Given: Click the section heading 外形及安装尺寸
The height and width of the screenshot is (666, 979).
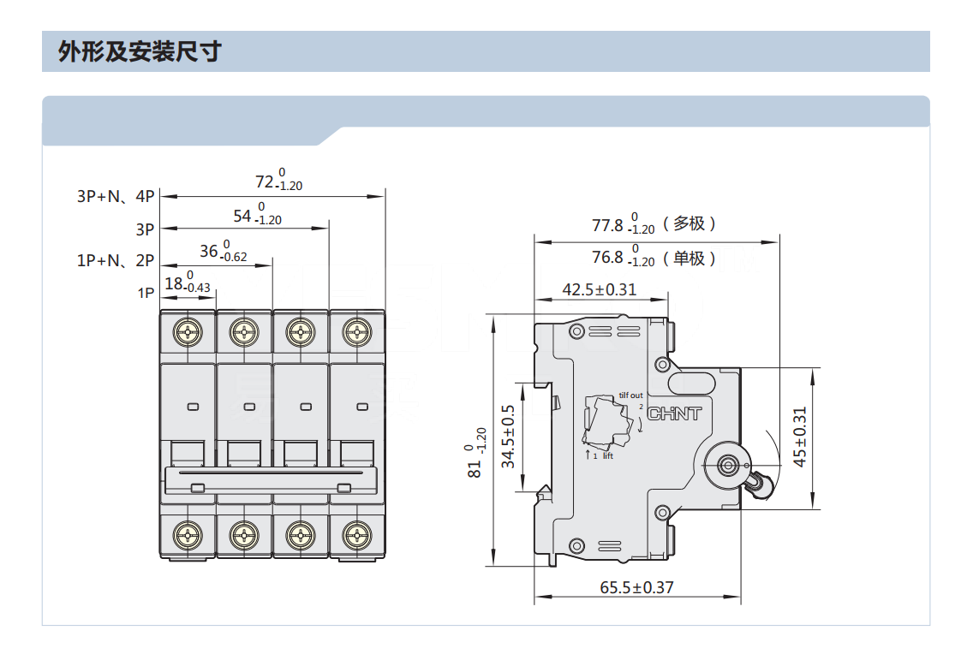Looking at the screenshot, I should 140,51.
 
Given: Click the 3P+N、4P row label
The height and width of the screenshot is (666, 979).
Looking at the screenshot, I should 116,196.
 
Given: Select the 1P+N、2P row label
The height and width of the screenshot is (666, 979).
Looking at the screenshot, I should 116,261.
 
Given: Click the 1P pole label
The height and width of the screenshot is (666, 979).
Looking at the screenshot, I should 146,293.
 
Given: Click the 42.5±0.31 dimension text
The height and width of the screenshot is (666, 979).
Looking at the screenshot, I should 599,289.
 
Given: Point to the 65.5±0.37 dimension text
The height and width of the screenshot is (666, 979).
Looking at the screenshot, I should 636,587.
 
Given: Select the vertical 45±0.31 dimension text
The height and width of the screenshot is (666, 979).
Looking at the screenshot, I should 799,437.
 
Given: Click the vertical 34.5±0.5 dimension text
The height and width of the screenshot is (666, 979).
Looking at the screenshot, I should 509,437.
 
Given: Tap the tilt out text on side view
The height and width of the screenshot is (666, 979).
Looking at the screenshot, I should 630,395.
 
